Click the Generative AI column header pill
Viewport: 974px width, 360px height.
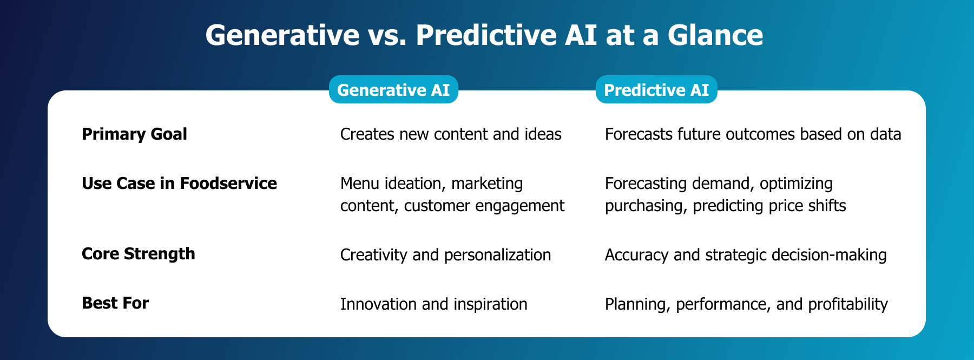[x=393, y=90]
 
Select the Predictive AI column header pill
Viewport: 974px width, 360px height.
[x=656, y=90]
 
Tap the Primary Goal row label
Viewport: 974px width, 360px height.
[x=134, y=134]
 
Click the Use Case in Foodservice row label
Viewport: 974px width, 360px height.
[x=179, y=184]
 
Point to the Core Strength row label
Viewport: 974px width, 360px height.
[x=138, y=254]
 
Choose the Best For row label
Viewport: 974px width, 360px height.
[x=115, y=303]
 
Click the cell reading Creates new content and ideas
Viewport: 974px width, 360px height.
[x=450, y=134]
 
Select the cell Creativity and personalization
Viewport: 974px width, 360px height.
[x=445, y=254]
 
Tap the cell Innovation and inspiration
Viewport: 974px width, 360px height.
[x=433, y=304]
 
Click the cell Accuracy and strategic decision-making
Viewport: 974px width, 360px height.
[x=745, y=254]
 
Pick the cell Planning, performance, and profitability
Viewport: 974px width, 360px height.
[x=746, y=304]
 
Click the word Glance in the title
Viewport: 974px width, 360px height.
[x=715, y=36]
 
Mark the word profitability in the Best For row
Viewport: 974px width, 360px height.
[x=847, y=304]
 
